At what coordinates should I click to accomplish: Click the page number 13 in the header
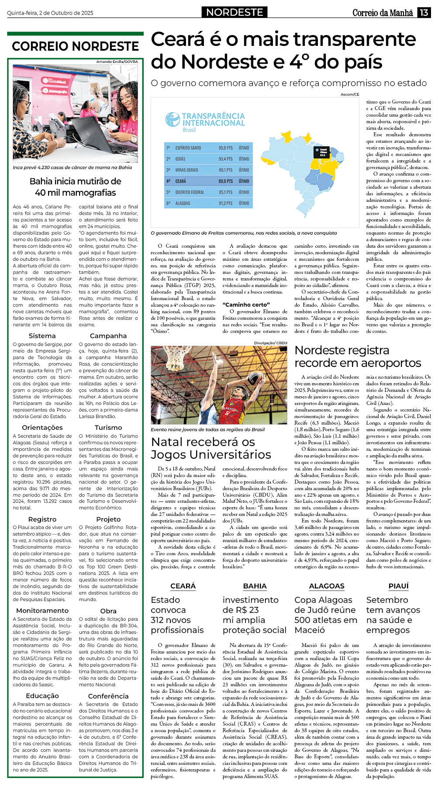pyautogui.click(x=424, y=13)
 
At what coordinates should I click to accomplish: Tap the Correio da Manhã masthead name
pyautogui.click(x=383, y=13)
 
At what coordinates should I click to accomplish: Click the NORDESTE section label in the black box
pyautogui.click(x=235, y=12)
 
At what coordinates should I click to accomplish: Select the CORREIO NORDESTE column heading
pyautogui.click(x=75, y=46)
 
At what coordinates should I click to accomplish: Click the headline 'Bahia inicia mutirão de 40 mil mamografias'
pyautogui.click(x=75, y=187)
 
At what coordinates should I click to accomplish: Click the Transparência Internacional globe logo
pyautogui.click(x=172, y=120)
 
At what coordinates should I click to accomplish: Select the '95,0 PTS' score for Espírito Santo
pyautogui.click(x=225, y=148)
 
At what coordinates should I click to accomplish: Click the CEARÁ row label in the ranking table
pyautogui.click(x=181, y=181)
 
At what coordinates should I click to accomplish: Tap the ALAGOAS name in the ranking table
pyautogui.click(x=183, y=203)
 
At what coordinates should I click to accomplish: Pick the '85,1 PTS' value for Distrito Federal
pyautogui.click(x=225, y=192)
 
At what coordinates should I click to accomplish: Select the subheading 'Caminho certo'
pyautogui.click(x=246, y=304)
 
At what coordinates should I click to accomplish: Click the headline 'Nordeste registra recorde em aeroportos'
pyautogui.click(x=358, y=356)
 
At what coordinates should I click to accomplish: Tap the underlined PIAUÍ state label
pyautogui.click(x=398, y=586)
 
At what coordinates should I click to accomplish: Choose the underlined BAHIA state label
pyautogui.click(x=255, y=586)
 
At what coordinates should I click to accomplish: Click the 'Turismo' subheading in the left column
pyautogui.click(x=108, y=427)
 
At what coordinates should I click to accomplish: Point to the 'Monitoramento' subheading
pyautogui.click(x=42, y=610)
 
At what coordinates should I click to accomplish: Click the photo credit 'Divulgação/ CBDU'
pyautogui.click(x=271, y=343)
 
